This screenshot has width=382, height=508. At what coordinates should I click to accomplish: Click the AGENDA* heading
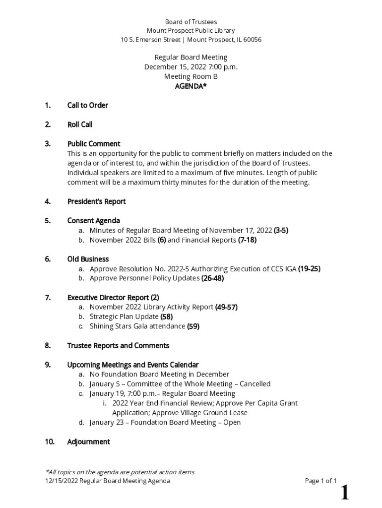191,86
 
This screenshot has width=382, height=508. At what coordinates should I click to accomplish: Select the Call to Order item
87,105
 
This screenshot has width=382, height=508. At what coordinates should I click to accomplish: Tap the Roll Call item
80,125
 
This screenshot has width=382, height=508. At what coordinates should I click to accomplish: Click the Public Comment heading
94,144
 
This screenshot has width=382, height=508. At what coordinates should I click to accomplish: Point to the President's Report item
96,201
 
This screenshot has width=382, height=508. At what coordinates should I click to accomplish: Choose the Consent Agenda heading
94,221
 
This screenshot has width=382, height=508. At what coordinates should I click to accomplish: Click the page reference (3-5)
281,230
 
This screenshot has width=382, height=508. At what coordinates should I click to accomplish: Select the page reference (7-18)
247,240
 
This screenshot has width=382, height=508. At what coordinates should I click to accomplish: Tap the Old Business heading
88,259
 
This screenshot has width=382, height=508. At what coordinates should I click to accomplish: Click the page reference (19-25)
309,269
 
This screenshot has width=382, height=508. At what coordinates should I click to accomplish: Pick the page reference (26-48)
212,278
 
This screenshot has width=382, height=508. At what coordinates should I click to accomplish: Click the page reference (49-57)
226,307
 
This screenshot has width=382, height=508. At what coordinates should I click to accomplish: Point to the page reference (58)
167,317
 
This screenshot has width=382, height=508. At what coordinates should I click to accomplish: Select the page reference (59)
193,326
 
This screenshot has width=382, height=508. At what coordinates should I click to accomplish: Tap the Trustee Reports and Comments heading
118,345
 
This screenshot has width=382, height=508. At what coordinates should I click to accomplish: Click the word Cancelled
255,384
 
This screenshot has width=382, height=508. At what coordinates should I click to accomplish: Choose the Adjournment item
88,442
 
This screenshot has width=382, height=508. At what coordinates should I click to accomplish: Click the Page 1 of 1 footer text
321,481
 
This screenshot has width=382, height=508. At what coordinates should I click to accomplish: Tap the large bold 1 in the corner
344,493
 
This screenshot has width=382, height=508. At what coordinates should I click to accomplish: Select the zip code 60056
252,40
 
